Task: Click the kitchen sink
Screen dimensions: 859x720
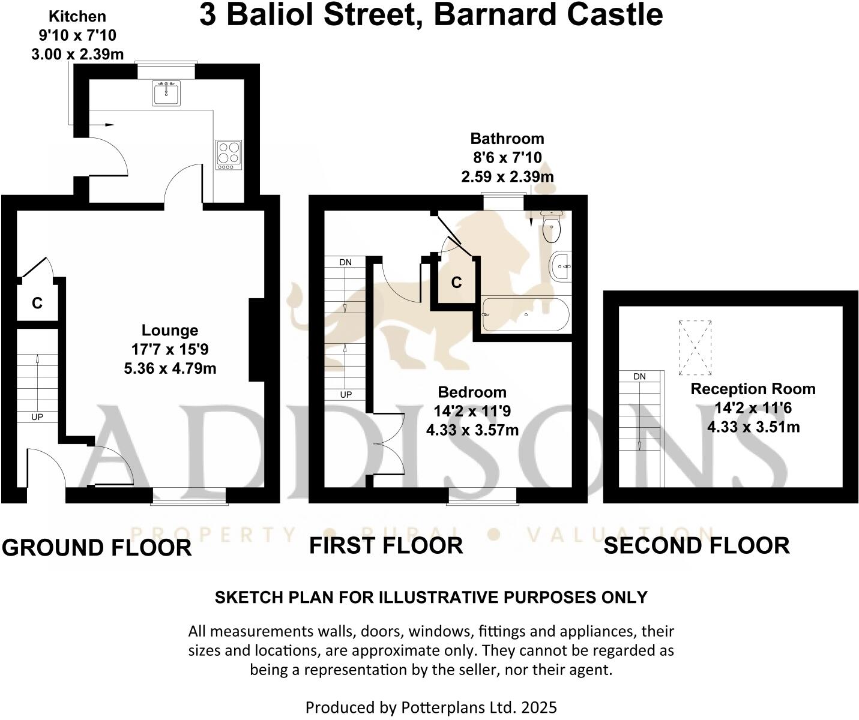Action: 166,94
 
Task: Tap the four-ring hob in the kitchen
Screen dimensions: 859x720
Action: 229,151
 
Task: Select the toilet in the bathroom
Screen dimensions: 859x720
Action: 551,226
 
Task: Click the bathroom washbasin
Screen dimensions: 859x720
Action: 560,265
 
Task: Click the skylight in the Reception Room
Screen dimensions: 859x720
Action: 695,347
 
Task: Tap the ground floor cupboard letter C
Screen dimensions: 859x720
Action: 37,304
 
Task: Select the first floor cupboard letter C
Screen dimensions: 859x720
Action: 456,282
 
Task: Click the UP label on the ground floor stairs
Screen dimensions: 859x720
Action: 37,416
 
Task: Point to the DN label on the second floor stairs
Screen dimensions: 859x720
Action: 639,376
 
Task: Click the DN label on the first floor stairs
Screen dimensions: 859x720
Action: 345,262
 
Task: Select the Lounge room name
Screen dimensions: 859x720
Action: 170,330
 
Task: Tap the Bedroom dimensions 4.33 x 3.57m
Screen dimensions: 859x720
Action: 472,430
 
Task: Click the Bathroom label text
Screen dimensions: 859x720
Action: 507,139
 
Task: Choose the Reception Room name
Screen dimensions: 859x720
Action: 753,389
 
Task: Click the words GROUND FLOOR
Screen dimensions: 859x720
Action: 97,548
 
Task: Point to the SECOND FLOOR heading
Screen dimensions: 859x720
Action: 696,545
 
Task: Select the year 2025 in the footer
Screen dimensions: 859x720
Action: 539,707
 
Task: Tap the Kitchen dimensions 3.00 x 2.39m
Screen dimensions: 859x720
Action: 77,54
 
